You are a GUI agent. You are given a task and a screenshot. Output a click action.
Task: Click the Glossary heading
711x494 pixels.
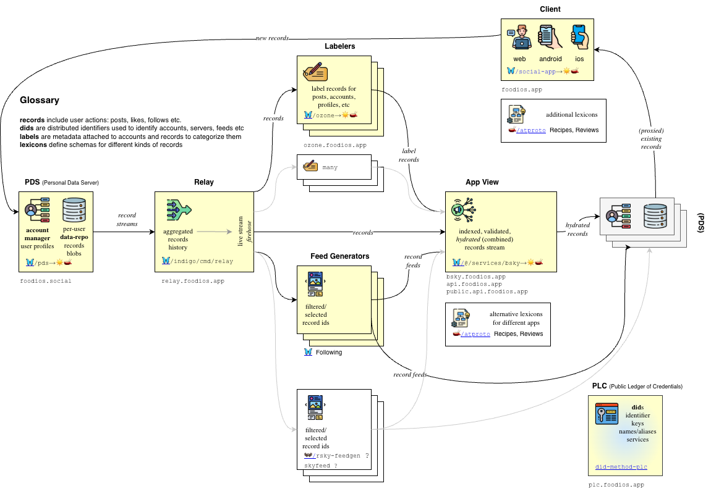tap(40, 100)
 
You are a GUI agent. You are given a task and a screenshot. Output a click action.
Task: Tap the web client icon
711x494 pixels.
tap(519, 37)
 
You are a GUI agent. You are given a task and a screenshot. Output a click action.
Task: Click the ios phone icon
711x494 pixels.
tap(579, 37)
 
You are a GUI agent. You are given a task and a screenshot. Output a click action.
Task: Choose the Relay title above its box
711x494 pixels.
tap(204, 183)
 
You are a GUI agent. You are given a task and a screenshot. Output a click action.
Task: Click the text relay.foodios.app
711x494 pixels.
tap(193, 281)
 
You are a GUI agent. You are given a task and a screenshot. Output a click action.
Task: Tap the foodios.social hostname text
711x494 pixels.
tap(46, 281)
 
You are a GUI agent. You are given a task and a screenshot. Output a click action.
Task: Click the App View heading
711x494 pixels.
tap(482, 183)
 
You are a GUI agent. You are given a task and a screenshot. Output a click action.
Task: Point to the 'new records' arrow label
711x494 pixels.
tap(272, 38)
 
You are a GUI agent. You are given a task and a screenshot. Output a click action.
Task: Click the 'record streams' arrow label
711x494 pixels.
tap(127, 220)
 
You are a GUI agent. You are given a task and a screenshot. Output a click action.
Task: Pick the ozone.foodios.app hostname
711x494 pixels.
tap(335, 145)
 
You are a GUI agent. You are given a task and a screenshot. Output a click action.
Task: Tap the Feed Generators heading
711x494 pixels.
tap(339, 256)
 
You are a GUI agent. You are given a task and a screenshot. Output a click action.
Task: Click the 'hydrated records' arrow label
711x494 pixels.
tap(577, 230)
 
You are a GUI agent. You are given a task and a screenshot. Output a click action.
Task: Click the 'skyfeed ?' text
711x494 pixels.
tap(321, 465)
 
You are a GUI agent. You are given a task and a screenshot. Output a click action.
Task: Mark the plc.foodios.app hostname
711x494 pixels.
tap(616, 485)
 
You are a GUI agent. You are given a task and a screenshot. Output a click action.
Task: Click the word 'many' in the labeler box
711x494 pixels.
tap(330, 167)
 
